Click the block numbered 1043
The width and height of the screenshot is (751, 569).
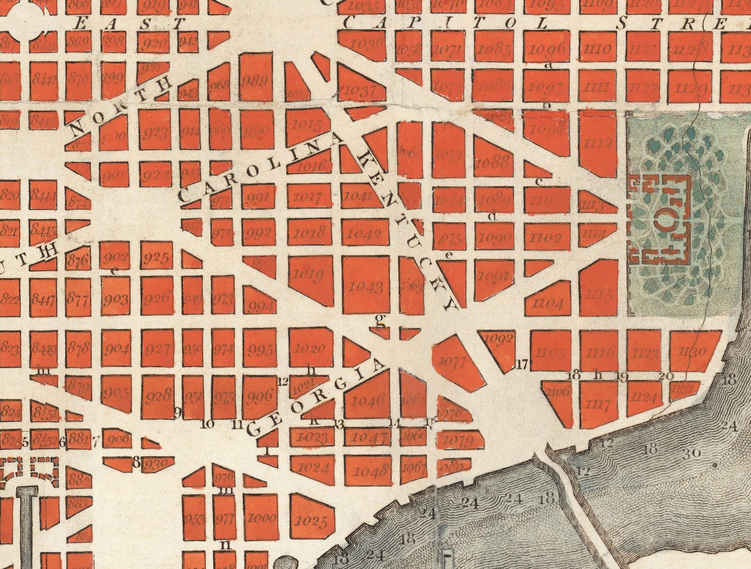[x=366, y=287]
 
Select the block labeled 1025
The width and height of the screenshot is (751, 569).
[x=311, y=521]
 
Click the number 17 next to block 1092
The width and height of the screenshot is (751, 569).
[x=522, y=365]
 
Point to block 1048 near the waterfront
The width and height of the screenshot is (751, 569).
[x=369, y=471]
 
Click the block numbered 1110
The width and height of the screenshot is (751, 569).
[x=598, y=50]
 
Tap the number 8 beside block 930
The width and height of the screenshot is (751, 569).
[x=136, y=462]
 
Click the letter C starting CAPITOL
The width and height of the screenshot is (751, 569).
[x=352, y=24]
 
